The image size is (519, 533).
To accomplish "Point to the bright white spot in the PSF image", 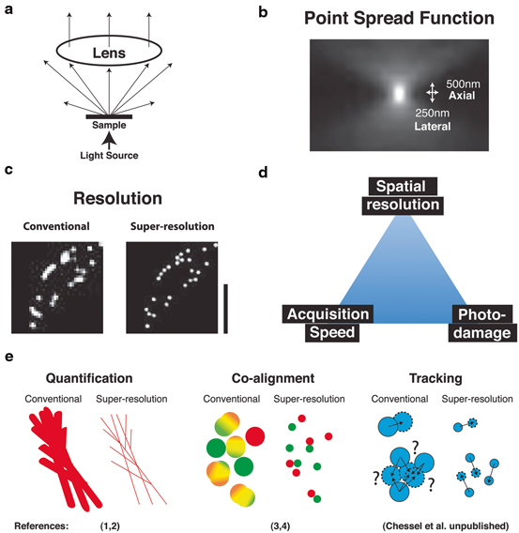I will coord(397,93).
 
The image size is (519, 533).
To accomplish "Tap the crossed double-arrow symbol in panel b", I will coord(431,93).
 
